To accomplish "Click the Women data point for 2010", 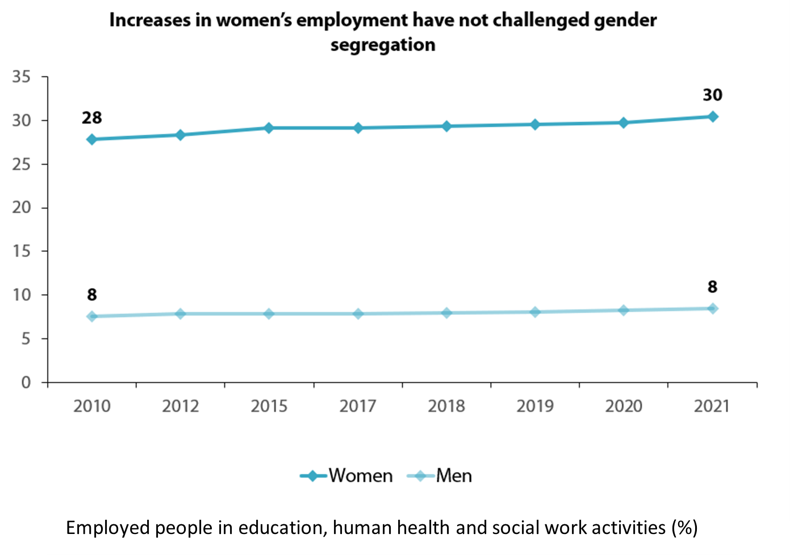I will coord(92,139).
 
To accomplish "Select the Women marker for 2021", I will coord(712,117).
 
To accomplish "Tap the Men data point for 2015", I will coord(269,314).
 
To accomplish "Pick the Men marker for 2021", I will coord(712,308).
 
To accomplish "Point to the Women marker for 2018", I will coord(446,126).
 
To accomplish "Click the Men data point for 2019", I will coord(535,312).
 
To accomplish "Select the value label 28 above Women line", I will coord(92,118).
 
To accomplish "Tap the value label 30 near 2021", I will coord(712,95).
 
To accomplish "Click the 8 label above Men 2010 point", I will coord(92,295).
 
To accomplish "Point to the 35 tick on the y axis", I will coord(22,77).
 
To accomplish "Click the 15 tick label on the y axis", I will coord(22,251).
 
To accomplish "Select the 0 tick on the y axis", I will coord(26,383).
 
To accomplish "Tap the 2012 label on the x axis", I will coord(181,406).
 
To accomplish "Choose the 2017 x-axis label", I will coord(358,406).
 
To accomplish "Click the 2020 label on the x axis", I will coord(624,406).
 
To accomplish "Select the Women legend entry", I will coord(347,475).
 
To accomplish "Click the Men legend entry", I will coord(440,475).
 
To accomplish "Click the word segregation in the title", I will coord(383,45).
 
